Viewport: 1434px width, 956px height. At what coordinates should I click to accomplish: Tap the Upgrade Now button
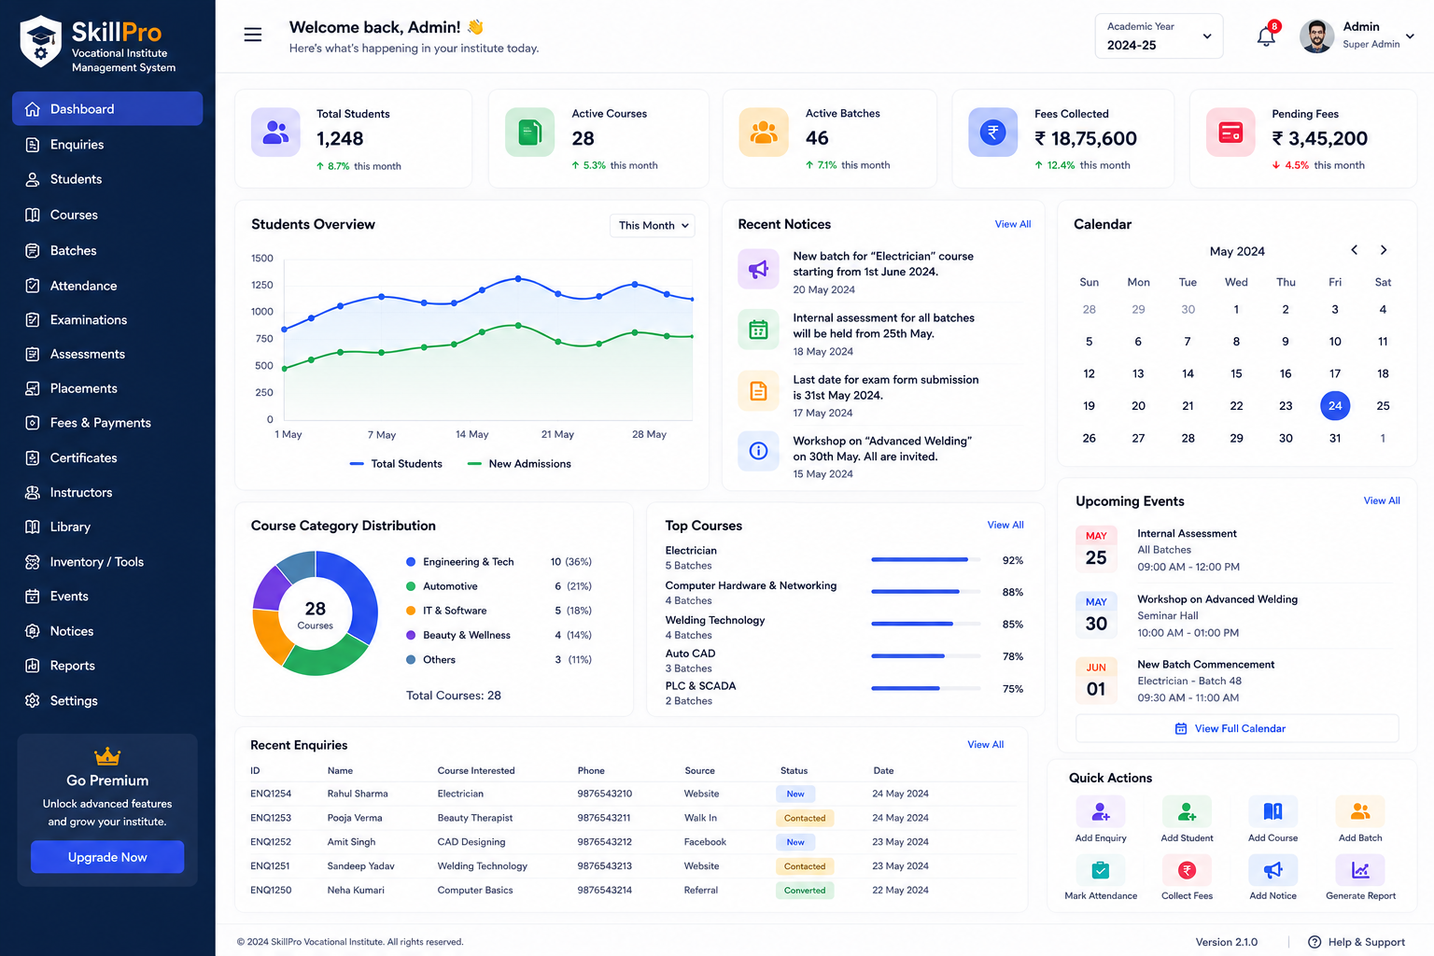107,857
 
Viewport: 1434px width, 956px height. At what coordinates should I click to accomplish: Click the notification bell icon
1266,35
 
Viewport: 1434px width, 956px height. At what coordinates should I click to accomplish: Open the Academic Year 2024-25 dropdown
1159,35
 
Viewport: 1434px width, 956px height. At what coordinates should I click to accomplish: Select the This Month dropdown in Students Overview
653,225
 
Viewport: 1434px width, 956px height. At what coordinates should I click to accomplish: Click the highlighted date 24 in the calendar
1335,405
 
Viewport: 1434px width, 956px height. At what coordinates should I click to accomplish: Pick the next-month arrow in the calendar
1384,249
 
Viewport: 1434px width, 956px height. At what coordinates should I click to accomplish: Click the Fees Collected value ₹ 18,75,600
1086,138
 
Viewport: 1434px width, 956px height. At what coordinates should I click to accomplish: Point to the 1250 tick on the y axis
261,285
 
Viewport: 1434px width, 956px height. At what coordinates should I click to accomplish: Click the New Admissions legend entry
519,464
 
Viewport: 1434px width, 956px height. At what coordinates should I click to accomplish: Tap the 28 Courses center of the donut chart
315,614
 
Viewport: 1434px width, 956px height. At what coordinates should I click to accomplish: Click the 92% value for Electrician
1013,560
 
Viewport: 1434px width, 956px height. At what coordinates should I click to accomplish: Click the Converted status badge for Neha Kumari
805,890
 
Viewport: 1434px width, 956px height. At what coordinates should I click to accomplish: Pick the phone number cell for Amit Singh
604,842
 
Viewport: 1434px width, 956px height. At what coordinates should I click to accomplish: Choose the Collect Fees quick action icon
1187,870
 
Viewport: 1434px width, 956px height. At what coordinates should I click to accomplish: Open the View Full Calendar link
1230,729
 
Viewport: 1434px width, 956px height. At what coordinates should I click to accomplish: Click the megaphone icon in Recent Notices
759,269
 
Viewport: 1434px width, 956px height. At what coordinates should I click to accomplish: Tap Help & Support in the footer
1357,942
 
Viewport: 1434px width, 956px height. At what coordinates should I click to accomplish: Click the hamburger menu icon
253,35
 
